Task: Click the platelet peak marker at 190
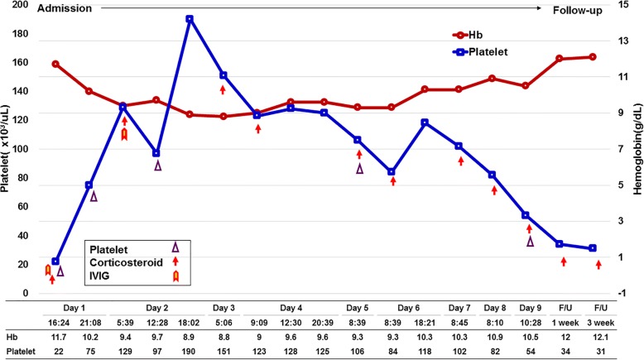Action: tap(190, 18)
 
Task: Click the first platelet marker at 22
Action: tap(55, 262)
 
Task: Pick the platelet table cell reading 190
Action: tap(190, 353)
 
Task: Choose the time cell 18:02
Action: tap(190, 322)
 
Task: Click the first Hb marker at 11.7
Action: tap(55, 64)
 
